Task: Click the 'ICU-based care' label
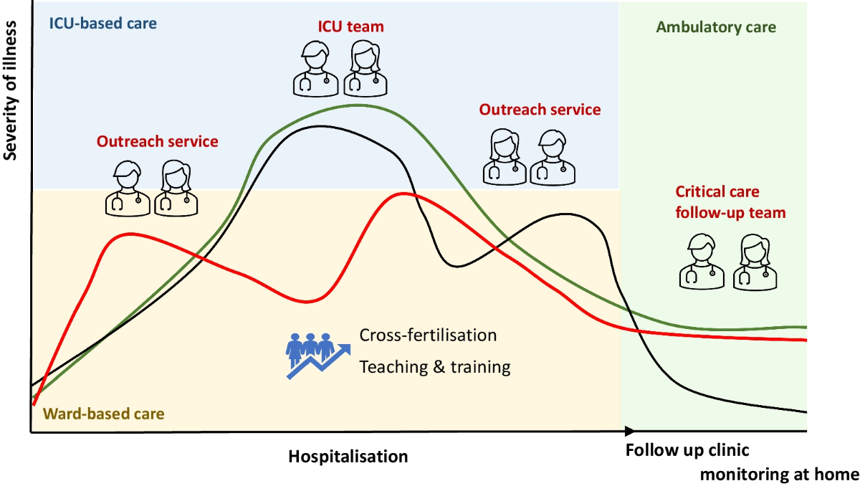pyautogui.click(x=102, y=22)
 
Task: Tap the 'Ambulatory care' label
pyautogui.click(x=715, y=28)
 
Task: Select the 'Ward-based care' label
pyautogui.click(x=104, y=414)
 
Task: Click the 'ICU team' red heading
pyautogui.click(x=350, y=27)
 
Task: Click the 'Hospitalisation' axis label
pyautogui.click(x=348, y=456)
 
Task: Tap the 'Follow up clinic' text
pyautogui.click(x=687, y=451)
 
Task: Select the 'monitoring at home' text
pyautogui.click(x=779, y=474)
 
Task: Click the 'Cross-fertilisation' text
pyautogui.click(x=428, y=335)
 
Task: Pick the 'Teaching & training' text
pyautogui.click(x=435, y=367)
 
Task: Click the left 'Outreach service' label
pyautogui.click(x=158, y=141)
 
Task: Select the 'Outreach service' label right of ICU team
pyautogui.click(x=540, y=110)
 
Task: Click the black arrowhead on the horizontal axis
pyautogui.click(x=629, y=431)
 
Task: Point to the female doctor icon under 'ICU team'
pyautogui.click(x=364, y=68)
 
